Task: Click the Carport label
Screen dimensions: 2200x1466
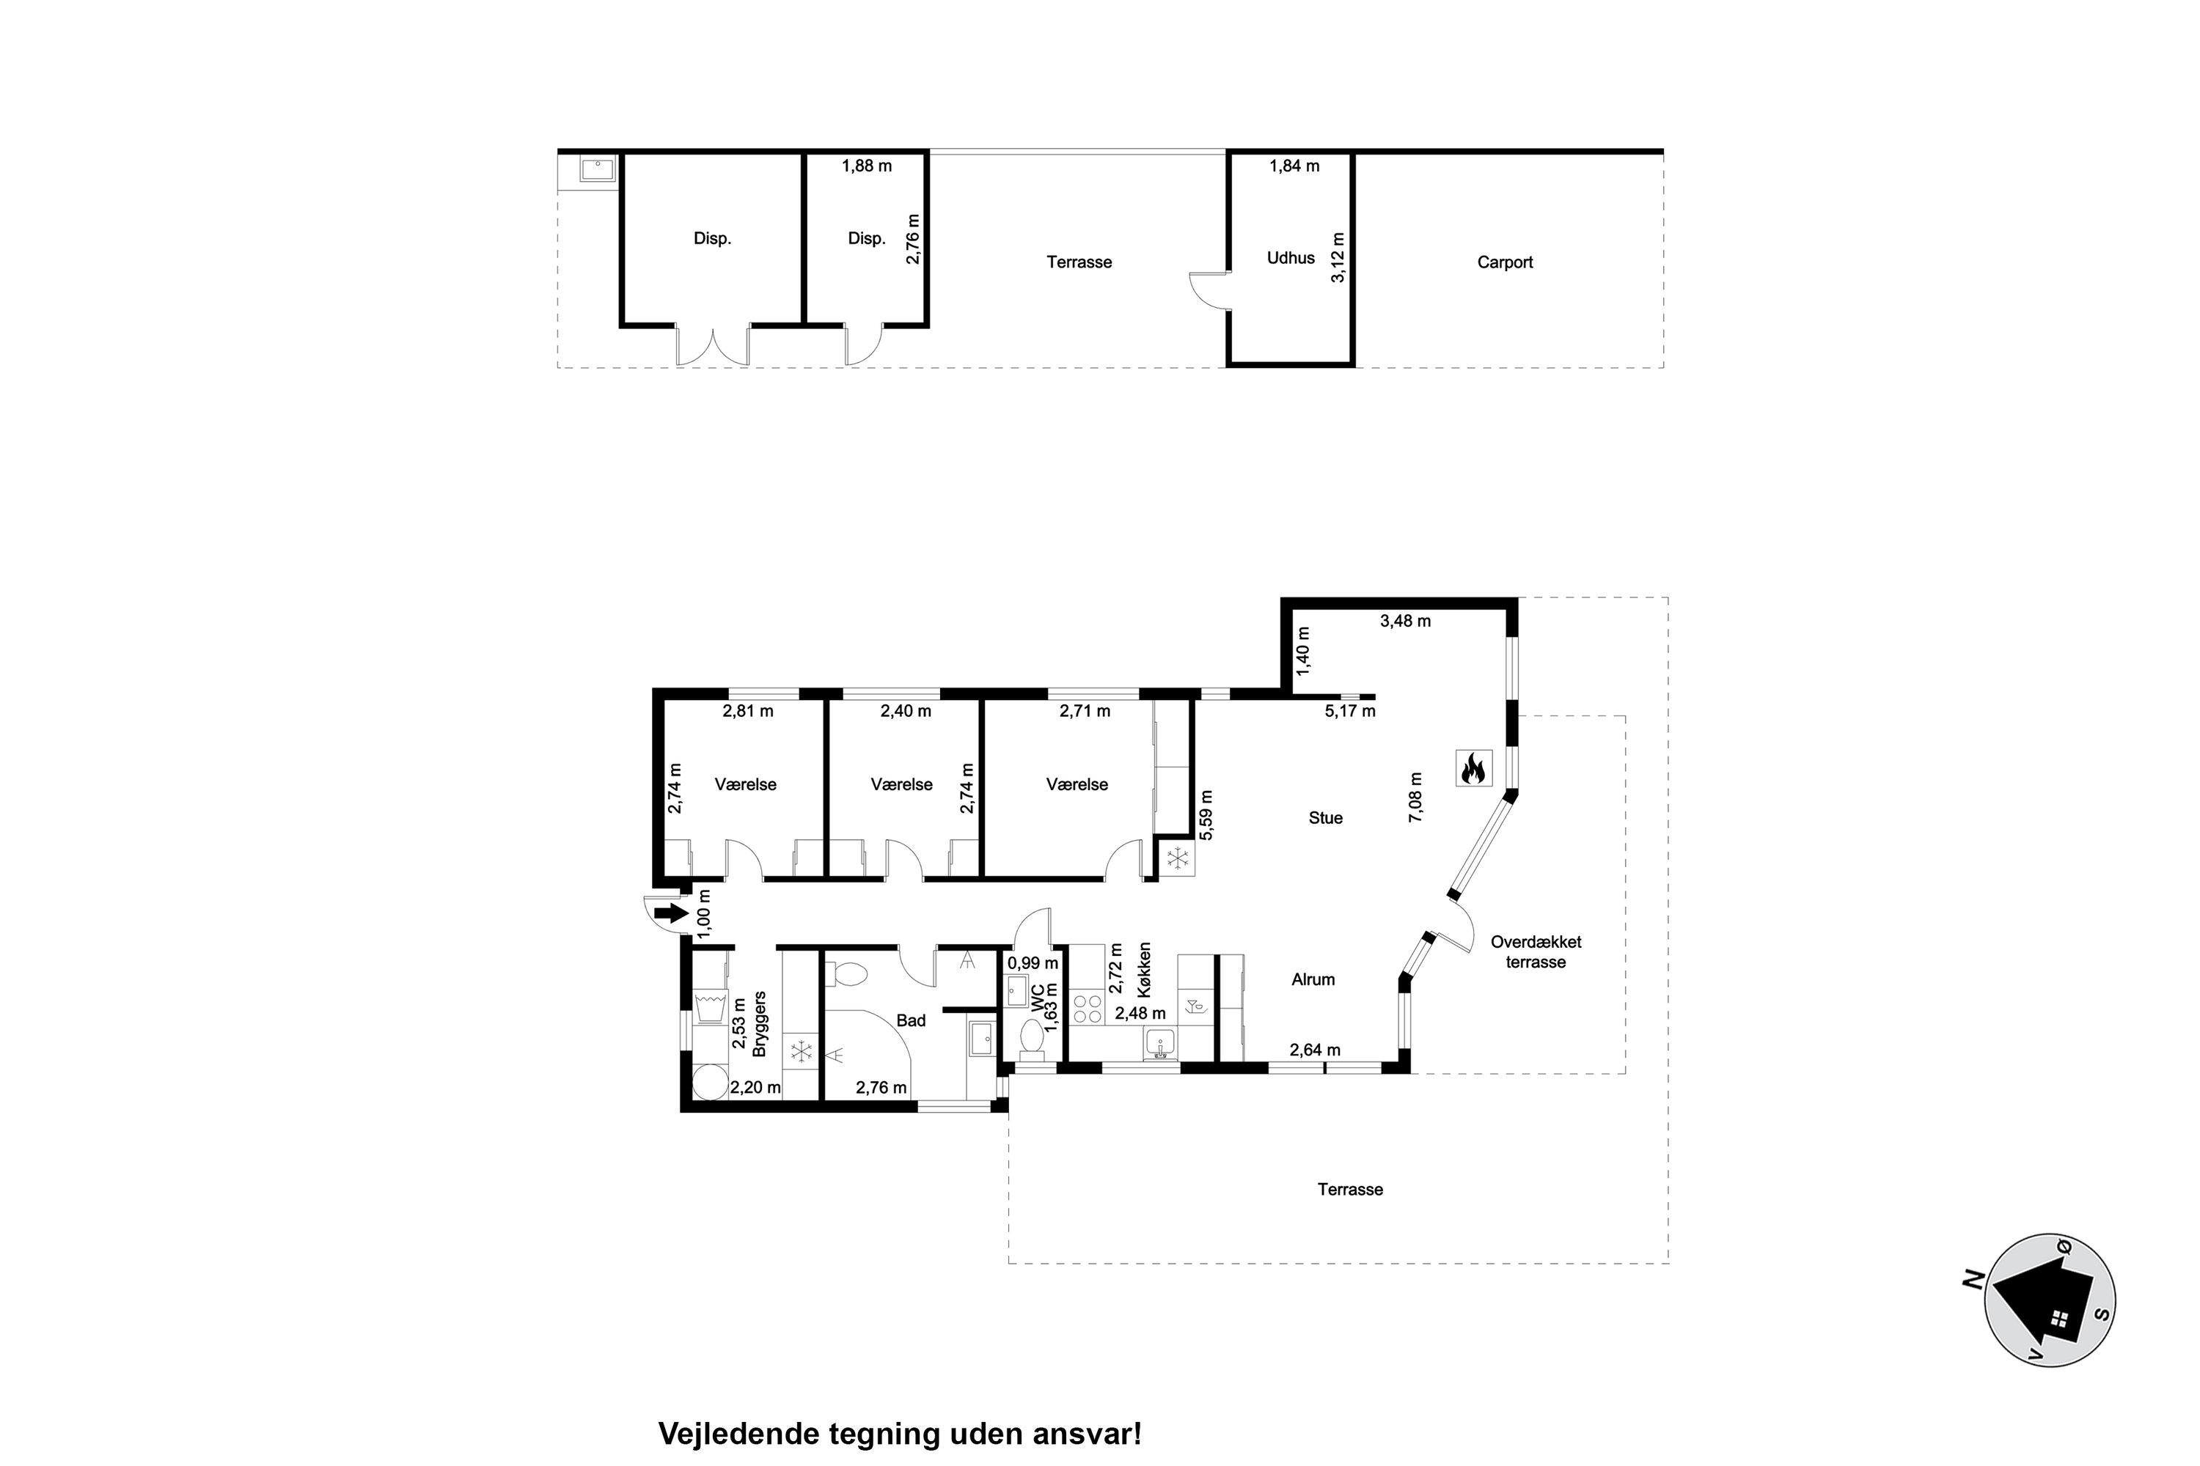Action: pyautogui.click(x=1504, y=262)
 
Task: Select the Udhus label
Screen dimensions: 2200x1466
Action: pyautogui.click(x=1290, y=258)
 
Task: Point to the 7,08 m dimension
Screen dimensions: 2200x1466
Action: pyautogui.click(x=1415, y=797)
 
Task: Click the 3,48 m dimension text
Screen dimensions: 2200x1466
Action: pyautogui.click(x=1405, y=621)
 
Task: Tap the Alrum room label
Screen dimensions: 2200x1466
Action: pyautogui.click(x=1313, y=980)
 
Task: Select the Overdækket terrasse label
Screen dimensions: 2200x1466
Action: pyautogui.click(x=1536, y=951)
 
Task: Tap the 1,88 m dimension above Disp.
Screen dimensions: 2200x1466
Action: pyautogui.click(x=866, y=166)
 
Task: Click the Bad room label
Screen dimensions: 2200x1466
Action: pyautogui.click(x=910, y=1020)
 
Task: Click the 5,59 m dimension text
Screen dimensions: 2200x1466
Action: pyautogui.click(x=1206, y=815)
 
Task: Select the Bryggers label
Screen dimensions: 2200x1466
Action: pyautogui.click(x=760, y=1024)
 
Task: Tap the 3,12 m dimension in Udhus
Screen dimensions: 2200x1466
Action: pyautogui.click(x=1338, y=257)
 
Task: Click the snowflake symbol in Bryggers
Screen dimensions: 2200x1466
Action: pyautogui.click(x=801, y=1052)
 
